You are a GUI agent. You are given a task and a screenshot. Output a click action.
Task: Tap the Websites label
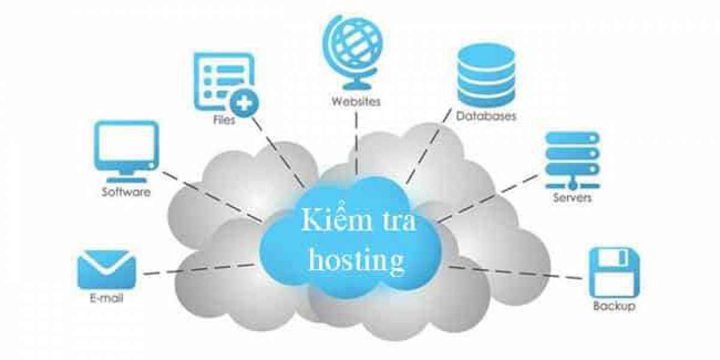[x=356, y=101]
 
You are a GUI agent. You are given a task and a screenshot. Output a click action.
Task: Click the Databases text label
[x=485, y=116]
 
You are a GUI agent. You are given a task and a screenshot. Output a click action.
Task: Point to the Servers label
[x=572, y=197]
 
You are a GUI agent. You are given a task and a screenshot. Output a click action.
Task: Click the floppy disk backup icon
[x=614, y=271]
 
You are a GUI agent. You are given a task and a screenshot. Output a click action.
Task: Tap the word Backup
[x=614, y=307]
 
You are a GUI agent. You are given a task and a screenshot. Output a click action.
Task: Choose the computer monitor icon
[x=127, y=150]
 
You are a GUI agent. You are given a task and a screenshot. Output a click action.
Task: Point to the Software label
[x=126, y=193]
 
